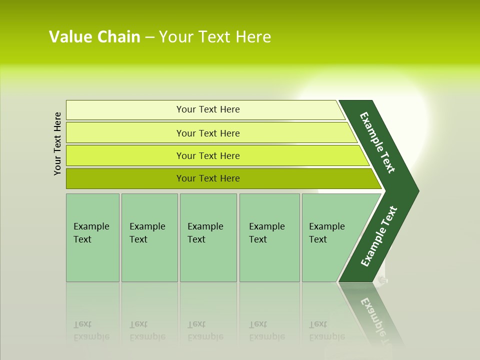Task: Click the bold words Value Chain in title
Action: (94, 37)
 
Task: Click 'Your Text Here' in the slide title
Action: (215, 37)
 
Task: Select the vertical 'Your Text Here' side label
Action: (57, 143)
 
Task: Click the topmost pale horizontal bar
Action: (125, 110)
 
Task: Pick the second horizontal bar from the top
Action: (125, 133)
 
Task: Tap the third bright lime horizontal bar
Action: (125, 156)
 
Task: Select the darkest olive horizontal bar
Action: (125, 178)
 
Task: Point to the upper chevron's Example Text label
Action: (377, 142)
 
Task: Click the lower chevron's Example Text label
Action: (378, 236)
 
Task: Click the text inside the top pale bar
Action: (208, 109)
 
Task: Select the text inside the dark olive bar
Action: (208, 178)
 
